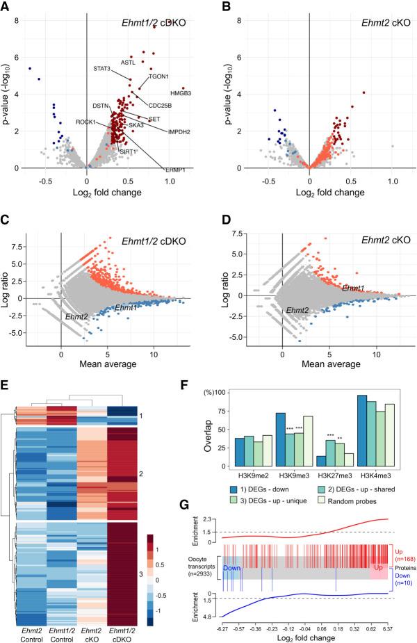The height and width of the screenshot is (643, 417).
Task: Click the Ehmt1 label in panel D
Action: [x=354, y=286]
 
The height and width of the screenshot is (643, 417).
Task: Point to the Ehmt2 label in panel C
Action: [x=76, y=316]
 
